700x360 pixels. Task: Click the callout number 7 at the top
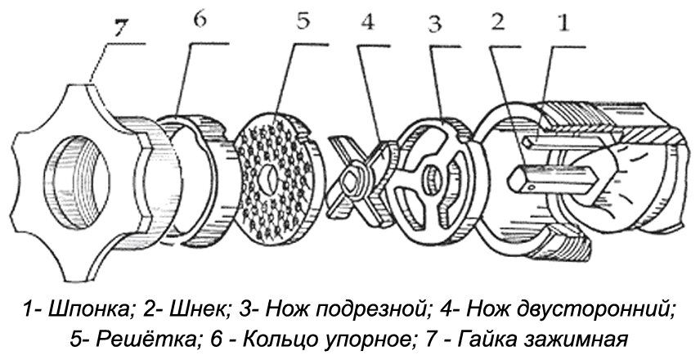pyautogui.click(x=120, y=27)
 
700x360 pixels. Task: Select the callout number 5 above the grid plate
pyautogui.click(x=302, y=21)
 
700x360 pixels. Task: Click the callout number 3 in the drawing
pyautogui.click(x=433, y=25)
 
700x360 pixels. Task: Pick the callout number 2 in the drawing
pyautogui.click(x=495, y=25)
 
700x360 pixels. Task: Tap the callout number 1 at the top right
pyautogui.click(x=560, y=25)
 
